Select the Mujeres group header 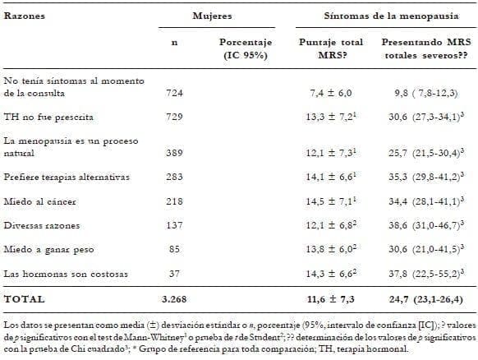point(212,16)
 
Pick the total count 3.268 point(173,299)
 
